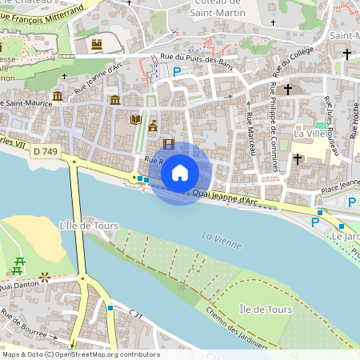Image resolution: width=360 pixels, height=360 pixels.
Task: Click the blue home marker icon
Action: pos(180,173)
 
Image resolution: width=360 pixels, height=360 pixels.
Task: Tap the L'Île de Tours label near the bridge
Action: pos(89,226)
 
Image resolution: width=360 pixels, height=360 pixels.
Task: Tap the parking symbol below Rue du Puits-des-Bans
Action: pos(178,72)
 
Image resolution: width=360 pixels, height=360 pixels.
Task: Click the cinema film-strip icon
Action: pos(168,144)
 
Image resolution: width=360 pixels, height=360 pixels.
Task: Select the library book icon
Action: pos(135,120)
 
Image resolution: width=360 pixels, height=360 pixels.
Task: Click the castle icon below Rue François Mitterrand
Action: pos(98,43)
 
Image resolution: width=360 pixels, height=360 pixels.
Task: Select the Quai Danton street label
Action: pos(18,285)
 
